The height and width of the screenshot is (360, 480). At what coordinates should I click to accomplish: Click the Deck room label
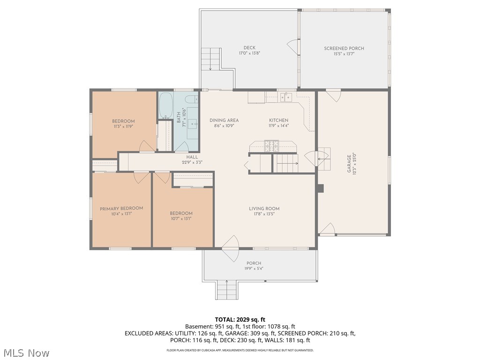click(x=249, y=48)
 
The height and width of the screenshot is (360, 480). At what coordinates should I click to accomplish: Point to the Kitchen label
click(x=278, y=120)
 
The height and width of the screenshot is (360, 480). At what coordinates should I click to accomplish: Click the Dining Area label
click(x=224, y=120)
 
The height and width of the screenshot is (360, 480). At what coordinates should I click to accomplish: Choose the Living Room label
click(x=264, y=209)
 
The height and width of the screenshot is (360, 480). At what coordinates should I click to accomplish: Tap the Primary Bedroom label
click(x=121, y=208)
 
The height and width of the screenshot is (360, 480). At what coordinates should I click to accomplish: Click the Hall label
click(x=192, y=157)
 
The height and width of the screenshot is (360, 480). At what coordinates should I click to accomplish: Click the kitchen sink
click(x=286, y=97)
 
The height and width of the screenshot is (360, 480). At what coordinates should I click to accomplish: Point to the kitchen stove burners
click(x=271, y=144)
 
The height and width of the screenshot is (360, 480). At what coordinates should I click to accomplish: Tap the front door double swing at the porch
click(x=231, y=248)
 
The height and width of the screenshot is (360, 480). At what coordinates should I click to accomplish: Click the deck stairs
click(x=210, y=59)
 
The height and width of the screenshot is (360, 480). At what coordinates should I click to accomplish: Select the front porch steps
click(x=227, y=289)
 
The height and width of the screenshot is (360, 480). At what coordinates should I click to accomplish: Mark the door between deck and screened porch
click(x=293, y=47)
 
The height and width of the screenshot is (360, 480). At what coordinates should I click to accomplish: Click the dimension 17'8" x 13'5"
click(x=264, y=214)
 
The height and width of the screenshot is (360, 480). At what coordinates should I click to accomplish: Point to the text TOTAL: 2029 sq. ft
click(x=240, y=320)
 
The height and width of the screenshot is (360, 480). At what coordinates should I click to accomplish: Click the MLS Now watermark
click(x=26, y=352)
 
